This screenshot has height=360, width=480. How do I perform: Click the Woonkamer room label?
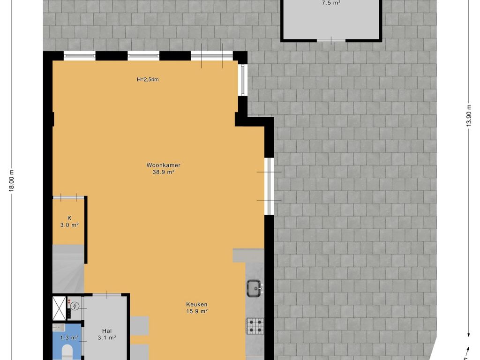pos(163,165)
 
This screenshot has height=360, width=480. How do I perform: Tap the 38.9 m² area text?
pos(163,172)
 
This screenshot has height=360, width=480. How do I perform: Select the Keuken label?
pos(197,305)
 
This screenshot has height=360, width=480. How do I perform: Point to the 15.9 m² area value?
pos(197,312)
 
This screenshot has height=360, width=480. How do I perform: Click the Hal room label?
pos(107,331)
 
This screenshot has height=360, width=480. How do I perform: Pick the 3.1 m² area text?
pos(107,338)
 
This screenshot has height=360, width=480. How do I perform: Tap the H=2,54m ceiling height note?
pos(148,80)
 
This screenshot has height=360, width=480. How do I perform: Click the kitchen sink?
pos(255,288)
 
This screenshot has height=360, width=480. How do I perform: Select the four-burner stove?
pos(255,326)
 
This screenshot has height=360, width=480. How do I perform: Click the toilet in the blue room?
pos(67,352)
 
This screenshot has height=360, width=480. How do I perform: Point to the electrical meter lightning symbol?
pos(75,306)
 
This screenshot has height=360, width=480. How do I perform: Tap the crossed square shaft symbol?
pos(59,308)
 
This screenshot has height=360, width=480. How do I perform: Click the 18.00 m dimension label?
pos(12,180)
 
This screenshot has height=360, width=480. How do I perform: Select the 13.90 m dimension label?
pos(469,116)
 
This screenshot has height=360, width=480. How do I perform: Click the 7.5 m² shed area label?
pos(331,3)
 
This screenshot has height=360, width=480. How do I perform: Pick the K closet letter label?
pos(69,218)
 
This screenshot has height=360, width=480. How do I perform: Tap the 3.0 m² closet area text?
pos(69,225)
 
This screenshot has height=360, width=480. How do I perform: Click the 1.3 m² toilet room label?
pos(69,338)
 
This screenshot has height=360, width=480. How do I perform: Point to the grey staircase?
pos(68,269)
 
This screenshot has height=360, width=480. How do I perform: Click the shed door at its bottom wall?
pos(331,40)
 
